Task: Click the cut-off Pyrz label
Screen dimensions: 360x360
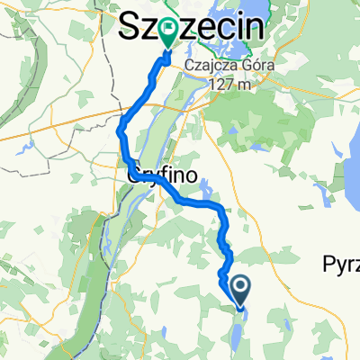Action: tap(340, 264)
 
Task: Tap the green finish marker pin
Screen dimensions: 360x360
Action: tap(168, 34)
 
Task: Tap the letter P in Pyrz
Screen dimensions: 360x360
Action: tap(328, 264)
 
